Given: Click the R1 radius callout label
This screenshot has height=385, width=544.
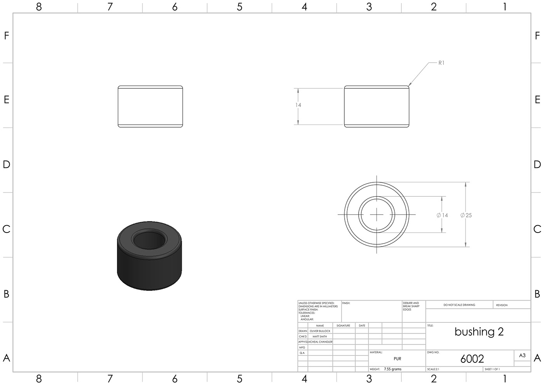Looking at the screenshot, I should pos(441,63).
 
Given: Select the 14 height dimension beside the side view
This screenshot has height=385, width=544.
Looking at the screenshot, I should pos(298,105).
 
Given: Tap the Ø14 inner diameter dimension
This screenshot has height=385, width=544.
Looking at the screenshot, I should pos(442,215).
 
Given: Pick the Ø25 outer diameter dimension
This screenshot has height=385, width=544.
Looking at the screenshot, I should pos(466,215).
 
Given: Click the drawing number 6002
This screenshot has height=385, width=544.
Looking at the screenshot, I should pos(472,359).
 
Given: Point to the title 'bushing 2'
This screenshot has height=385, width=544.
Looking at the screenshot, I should pos(479,332).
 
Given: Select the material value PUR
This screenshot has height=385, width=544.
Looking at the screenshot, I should pos(397,359).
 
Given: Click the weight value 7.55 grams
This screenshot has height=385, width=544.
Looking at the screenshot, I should pos(392,369).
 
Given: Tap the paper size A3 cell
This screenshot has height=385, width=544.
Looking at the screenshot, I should pos(522,355).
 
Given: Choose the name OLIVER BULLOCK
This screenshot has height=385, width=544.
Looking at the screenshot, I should pos(320,331).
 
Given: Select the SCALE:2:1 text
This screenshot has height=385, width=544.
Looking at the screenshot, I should pos(433,369).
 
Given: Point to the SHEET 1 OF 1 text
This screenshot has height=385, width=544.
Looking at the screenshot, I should pos(492,369).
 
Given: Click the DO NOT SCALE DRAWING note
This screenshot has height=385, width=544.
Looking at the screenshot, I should pos(459,305).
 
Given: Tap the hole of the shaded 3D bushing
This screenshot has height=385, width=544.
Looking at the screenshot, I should pos(149,240).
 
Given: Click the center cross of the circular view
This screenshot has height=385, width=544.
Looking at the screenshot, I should pos(377,214).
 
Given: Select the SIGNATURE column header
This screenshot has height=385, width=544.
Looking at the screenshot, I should pos(343,325).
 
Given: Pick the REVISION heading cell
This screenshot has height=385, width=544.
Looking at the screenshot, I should pos(502,305).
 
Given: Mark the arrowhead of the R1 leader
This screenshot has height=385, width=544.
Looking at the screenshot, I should pos(409,85).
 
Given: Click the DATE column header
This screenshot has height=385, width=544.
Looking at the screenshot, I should pos(362,325).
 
